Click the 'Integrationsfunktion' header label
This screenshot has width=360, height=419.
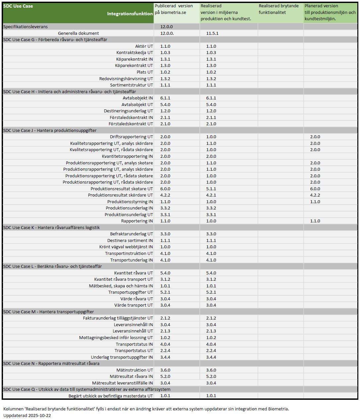coord(130,14)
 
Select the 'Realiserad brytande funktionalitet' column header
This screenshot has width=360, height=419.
coord(278,9)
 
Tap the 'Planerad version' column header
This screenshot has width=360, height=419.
coord(321,6)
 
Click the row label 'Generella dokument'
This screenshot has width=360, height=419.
coord(78,33)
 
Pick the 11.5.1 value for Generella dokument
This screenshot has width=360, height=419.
coord(212,33)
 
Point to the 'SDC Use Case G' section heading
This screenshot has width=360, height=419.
coord(55,39)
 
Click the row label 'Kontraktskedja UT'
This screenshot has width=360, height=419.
coord(135,52)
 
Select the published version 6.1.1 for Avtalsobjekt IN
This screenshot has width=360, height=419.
coord(165,98)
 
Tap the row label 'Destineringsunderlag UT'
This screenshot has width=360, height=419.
coord(128,111)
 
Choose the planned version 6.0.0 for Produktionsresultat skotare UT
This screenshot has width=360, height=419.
coord(315,189)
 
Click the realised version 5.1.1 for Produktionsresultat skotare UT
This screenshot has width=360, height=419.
coord(211,189)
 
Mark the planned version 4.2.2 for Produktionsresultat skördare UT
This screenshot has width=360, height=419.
coord(315,195)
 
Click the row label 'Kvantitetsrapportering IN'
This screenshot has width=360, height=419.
coord(127,156)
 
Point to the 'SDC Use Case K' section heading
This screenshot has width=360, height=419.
coord(51,227)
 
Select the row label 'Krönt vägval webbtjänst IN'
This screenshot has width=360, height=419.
coord(126,247)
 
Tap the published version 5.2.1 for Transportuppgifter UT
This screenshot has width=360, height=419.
coord(165,292)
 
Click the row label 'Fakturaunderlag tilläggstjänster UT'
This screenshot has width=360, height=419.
coord(118,318)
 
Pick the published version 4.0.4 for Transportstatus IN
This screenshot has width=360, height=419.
coord(165,344)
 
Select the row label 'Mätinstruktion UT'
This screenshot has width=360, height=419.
coord(135,370)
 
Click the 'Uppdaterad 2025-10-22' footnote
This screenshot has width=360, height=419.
coord(27,415)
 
